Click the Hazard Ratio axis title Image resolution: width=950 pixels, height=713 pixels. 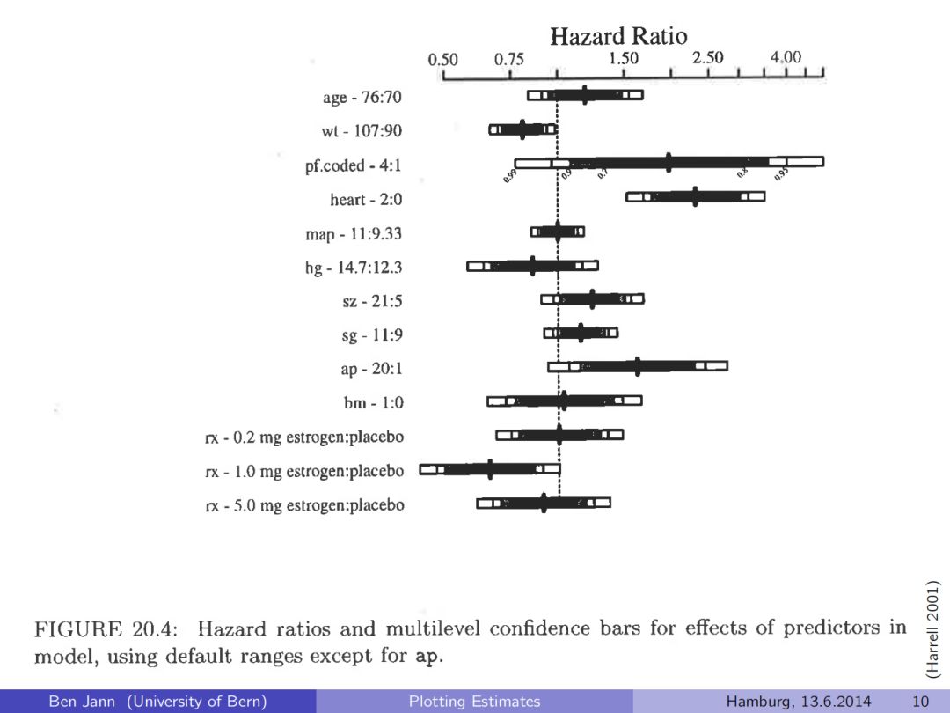pos(618,36)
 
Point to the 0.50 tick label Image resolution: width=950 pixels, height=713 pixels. pos(443,60)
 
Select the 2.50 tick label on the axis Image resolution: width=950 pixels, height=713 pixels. pos(707,58)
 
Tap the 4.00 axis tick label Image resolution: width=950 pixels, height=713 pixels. pos(786,58)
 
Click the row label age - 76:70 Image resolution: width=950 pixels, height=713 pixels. pos(361,97)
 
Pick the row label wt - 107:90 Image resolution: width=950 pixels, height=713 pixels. pos(362,131)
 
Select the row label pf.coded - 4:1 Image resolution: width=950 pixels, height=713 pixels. pos(354,165)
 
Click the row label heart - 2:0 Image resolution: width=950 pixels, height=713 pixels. pos(366,200)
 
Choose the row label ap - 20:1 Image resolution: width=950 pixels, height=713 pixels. pos(371,369)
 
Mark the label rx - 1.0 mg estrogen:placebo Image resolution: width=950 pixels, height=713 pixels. pos(304,471)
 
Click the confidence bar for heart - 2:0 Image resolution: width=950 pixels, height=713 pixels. pos(695,196)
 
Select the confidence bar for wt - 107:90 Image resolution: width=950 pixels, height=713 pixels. pos(522,129)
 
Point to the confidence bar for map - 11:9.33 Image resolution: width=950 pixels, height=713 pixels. pos(557,232)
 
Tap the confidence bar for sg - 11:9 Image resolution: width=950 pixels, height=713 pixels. pos(581,333)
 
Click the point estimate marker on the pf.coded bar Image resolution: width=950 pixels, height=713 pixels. pos(669,162)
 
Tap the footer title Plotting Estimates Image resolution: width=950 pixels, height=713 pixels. pos(474,702)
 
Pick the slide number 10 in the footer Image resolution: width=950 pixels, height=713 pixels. pos(921,702)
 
